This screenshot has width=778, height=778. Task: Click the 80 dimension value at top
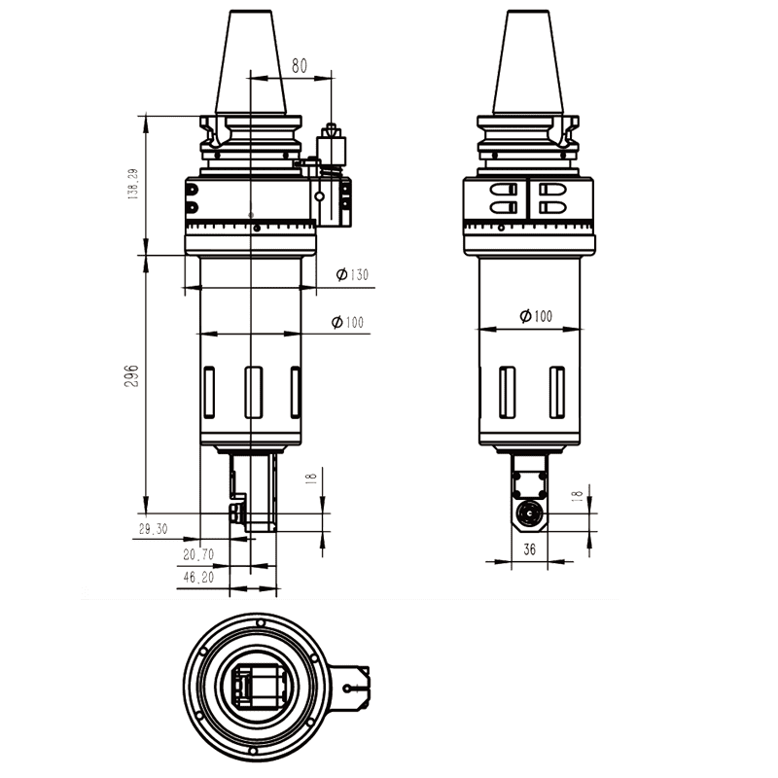point(300,66)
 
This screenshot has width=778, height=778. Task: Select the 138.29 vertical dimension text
point(132,185)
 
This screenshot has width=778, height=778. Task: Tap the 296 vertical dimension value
point(132,376)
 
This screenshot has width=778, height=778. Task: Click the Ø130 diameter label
point(352,275)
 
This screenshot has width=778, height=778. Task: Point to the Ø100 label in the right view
point(535,316)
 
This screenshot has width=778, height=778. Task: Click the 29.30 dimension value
point(154,529)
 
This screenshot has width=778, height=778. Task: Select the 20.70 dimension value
point(198,554)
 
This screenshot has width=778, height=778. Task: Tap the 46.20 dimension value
point(196,578)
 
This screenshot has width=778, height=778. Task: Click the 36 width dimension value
point(530,549)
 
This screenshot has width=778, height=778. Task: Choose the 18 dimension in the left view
point(311,478)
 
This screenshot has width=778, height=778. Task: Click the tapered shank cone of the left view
point(251,63)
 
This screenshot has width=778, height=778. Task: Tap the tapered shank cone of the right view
point(528,63)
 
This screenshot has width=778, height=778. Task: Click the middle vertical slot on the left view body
point(253,392)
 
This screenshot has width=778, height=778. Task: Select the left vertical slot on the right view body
point(507,392)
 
